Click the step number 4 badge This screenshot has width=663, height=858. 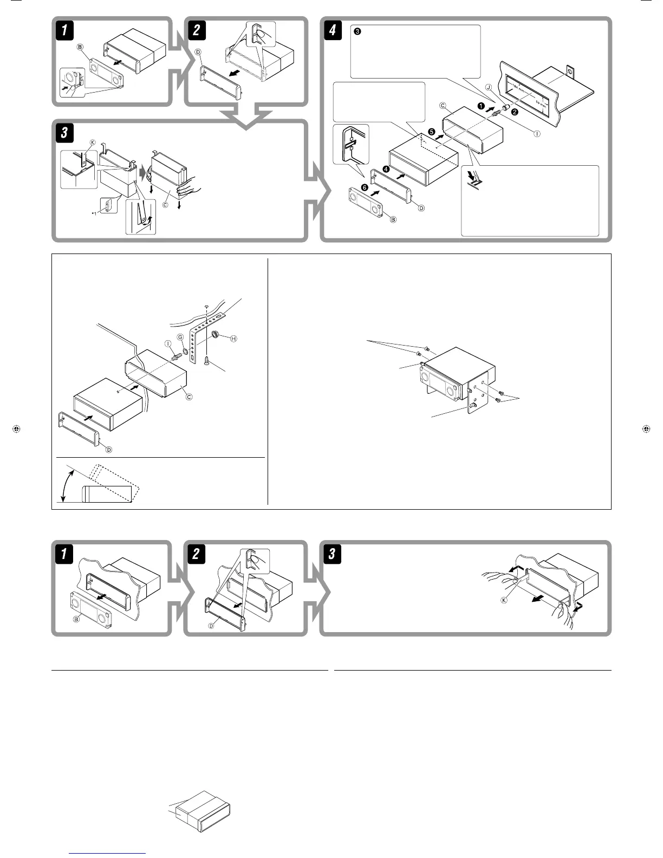point(332,31)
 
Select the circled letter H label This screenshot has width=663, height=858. point(233,339)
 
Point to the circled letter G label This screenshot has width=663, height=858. point(180,337)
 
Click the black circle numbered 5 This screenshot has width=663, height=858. point(432,132)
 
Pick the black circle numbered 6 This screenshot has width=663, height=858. point(364,187)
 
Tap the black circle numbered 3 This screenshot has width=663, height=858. point(357,31)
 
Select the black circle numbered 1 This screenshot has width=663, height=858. point(480,107)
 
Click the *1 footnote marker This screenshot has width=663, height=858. point(94,214)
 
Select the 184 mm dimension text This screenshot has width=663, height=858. point(512,86)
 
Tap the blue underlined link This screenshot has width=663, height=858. point(108,854)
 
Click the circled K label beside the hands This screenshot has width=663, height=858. point(504,602)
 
